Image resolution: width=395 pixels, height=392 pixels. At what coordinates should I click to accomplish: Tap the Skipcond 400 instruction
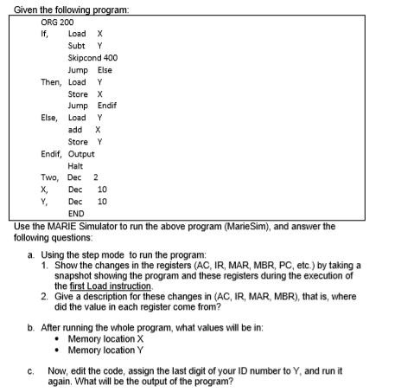[x=91, y=57]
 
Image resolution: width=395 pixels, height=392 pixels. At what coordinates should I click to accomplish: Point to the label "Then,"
[x=51, y=81]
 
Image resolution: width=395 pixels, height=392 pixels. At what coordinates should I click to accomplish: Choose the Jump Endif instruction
[x=92, y=106]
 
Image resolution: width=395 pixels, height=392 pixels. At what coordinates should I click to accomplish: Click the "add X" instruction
[x=80, y=129]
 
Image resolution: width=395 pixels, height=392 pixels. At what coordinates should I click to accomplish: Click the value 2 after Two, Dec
[x=96, y=177]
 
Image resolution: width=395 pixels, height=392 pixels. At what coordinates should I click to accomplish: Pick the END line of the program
[x=76, y=213]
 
